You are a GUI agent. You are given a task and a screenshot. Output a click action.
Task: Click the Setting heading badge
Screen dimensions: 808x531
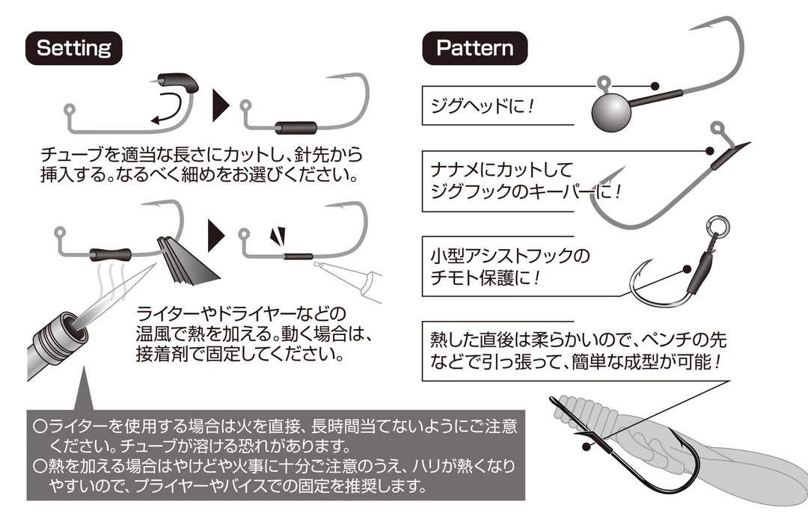click(73, 48)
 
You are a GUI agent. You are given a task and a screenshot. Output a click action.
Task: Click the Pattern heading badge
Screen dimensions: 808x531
click(474, 48)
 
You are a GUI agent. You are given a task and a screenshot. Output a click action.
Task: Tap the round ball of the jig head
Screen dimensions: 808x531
click(611, 112)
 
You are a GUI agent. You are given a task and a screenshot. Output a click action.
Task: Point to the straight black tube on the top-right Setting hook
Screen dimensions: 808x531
click(296, 127)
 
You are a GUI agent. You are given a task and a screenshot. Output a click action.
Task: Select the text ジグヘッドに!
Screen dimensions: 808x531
click(483, 106)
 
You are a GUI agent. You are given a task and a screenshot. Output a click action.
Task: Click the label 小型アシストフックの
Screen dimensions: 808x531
click(509, 256)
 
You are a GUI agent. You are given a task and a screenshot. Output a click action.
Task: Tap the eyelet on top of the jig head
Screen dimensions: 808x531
click(604, 82)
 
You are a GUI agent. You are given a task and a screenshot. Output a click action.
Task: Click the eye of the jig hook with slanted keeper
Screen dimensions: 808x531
click(717, 128)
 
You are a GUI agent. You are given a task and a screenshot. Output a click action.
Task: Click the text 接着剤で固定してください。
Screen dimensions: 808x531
click(240, 354)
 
